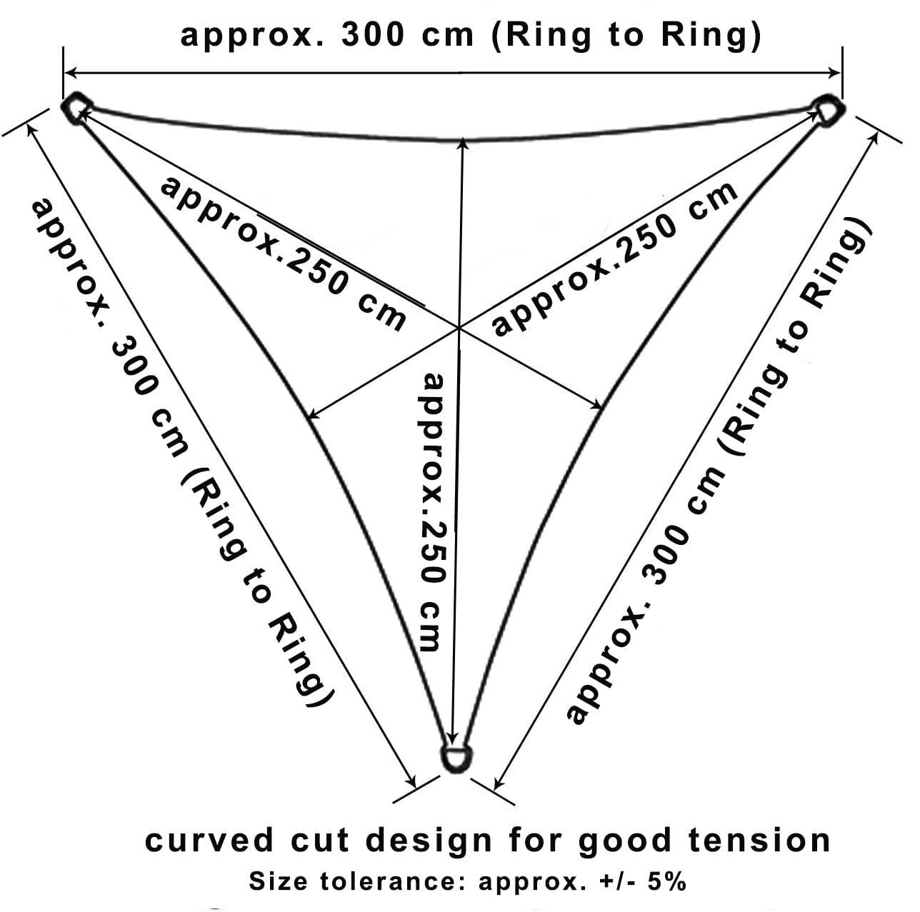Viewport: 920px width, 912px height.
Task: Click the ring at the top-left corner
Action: (x=75, y=109)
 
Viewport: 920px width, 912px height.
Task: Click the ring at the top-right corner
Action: (x=829, y=109)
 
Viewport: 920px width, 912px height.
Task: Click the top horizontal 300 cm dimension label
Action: (x=471, y=35)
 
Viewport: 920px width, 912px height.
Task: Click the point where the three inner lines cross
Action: (x=459, y=328)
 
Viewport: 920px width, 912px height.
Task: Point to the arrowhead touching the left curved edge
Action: (x=312, y=414)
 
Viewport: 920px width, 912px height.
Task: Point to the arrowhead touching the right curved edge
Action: (x=598, y=406)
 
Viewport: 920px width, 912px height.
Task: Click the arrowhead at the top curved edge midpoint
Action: (x=463, y=143)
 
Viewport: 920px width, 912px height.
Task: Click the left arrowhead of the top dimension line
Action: (x=70, y=72)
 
